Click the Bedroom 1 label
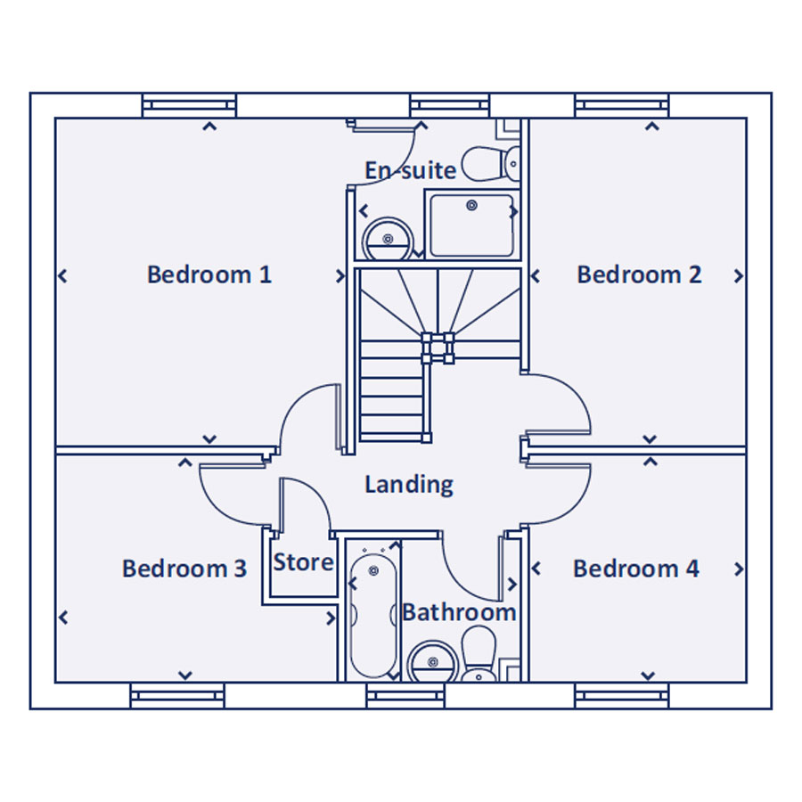[x=209, y=274]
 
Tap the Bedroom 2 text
[x=639, y=274]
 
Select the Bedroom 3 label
[x=184, y=569]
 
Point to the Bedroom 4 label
[x=635, y=569]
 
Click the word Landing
[x=409, y=485]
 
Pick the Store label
[x=303, y=563]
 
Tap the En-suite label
[x=411, y=170]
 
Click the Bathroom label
[x=459, y=613]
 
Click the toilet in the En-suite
[x=494, y=164]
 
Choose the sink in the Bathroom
[x=432, y=662]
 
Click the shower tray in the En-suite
[x=471, y=225]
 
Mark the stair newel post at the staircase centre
[x=438, y=347]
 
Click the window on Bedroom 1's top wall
[x=190, y=105]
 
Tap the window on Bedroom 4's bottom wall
[x=621, y=696]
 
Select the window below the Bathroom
[x=405, y=696]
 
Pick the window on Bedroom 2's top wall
[x=621, y=105]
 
